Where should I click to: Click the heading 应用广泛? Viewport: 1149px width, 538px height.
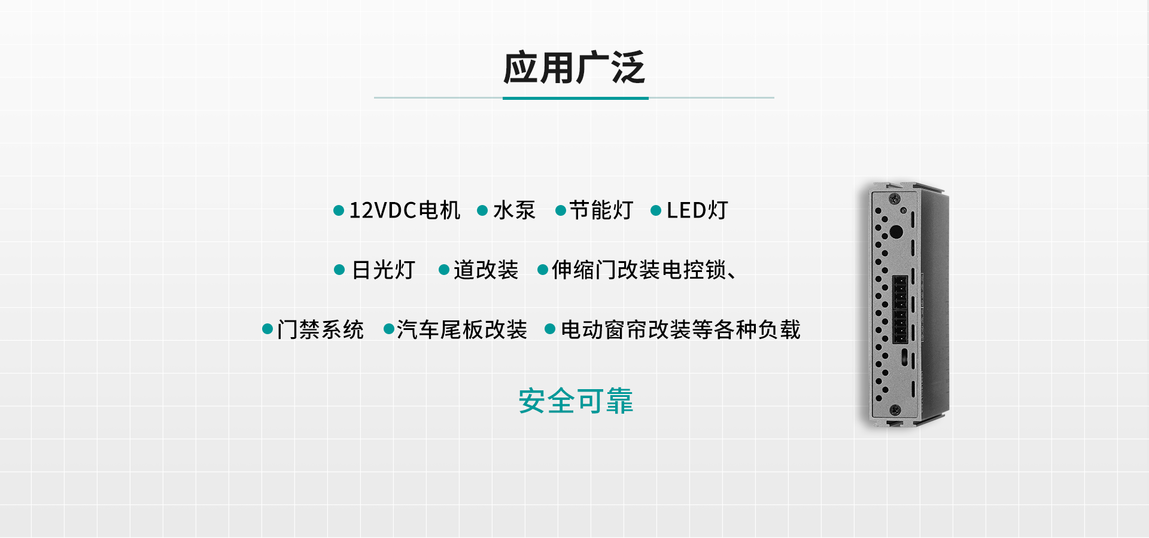574,68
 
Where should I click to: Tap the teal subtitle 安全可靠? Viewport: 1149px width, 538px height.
576,401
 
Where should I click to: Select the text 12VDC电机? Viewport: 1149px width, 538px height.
405,210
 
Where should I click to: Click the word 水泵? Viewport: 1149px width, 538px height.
514,210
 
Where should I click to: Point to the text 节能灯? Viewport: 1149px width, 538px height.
601,210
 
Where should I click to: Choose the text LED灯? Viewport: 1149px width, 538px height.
697,210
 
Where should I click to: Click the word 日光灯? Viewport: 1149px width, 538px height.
384,270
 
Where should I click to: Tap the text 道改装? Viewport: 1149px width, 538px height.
486,270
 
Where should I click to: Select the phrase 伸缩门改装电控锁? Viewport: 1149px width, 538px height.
639,270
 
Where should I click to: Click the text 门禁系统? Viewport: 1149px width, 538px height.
320,329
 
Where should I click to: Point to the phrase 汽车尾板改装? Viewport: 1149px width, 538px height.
462,329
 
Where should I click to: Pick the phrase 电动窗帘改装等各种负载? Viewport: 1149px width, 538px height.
680,329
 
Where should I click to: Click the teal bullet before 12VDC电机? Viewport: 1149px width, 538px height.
339,210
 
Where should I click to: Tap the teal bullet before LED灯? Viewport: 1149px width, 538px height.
656,210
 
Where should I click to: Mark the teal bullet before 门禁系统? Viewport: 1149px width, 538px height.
268,329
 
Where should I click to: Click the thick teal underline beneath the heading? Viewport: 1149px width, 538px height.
576,98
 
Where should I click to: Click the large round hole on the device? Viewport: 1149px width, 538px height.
896,232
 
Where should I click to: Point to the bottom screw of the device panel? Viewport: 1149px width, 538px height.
895,410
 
